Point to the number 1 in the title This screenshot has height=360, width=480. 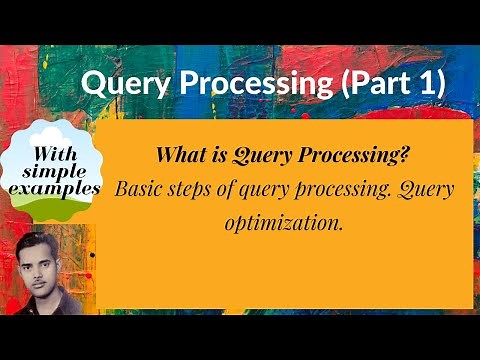pos(427,85)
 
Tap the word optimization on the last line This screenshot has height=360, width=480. pos(285,222)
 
